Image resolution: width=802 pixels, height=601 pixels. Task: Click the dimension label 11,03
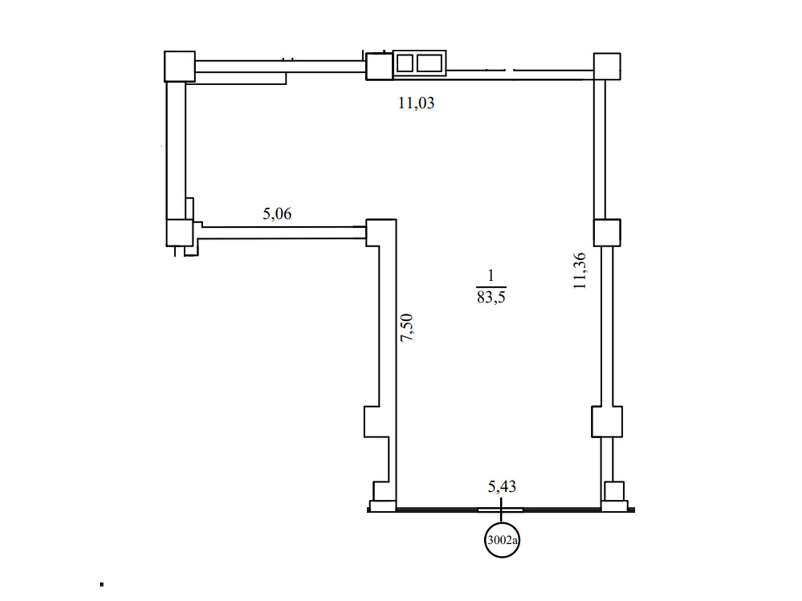(416, 103)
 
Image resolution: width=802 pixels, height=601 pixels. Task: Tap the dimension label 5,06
(277, 214)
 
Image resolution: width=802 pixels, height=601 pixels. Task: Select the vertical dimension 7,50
(407, 328)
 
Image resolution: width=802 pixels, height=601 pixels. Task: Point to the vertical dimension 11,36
(579, 271)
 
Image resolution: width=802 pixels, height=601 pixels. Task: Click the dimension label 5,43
(502, 486)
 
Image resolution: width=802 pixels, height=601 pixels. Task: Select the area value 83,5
(491, 297)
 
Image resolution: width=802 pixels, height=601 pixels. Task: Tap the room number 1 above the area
(491, 275)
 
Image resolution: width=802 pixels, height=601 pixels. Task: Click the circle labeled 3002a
(502, 540)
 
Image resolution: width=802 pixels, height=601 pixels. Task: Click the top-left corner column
(179, 67)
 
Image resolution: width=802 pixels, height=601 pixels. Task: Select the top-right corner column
(607, 67)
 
